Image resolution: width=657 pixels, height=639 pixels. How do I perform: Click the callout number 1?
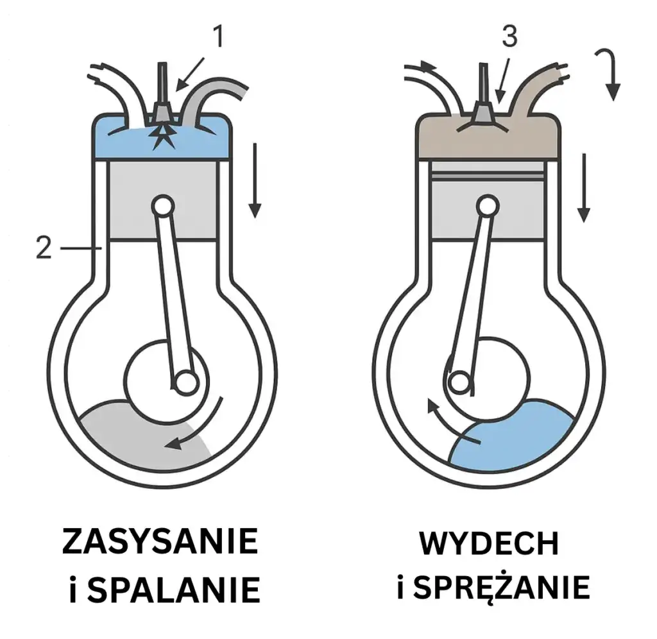(218, 36)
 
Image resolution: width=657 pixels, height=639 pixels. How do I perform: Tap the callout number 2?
(44, 248)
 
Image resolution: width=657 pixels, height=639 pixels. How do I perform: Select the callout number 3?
(509, 36)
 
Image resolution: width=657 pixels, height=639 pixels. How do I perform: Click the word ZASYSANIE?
(160, 541)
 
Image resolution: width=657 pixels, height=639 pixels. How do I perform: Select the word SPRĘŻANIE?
(502, 587)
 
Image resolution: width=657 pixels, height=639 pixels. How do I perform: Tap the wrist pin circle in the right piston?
(488, 206)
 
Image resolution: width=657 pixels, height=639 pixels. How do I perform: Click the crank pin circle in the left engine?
(187, 382)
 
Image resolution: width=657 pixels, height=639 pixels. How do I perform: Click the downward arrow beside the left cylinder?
(255, 180)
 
